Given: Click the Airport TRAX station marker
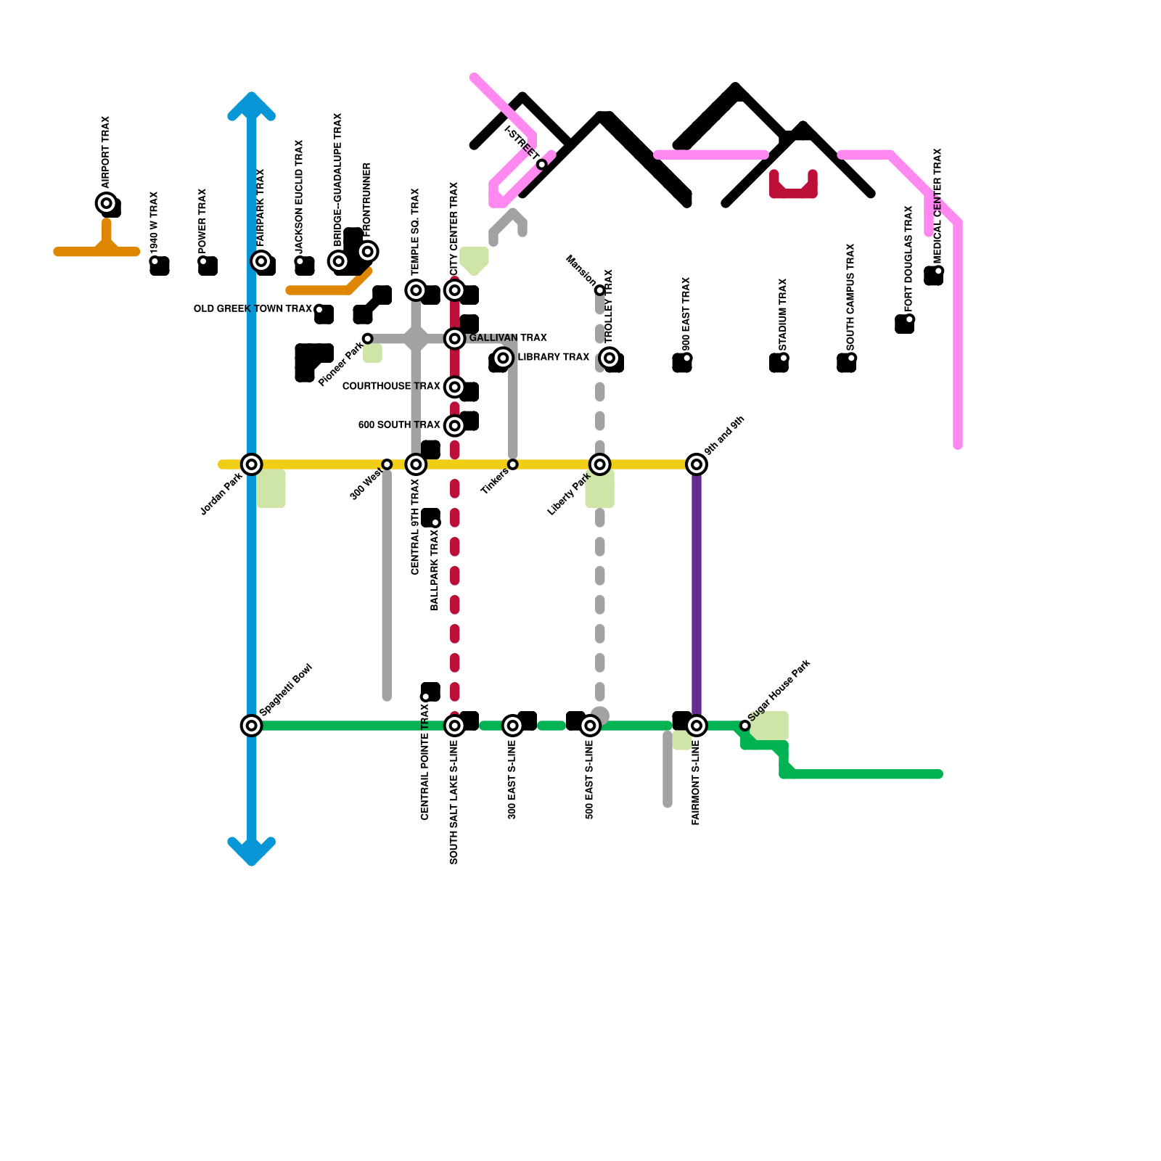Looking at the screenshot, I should click(107, 203).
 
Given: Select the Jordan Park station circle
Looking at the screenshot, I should click(252, 464).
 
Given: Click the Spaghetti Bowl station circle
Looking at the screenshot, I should click(252, 726).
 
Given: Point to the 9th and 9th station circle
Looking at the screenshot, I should click(697, 464).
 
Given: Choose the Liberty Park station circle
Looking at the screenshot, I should click(600, 464).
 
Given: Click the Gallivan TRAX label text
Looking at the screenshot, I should click(508, 338).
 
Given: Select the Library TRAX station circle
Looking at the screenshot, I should click(503, 358).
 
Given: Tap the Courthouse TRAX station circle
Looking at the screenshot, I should click(455, 387).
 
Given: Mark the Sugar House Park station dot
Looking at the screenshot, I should click(744, 726).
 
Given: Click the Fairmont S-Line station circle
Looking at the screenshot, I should click(697, 726).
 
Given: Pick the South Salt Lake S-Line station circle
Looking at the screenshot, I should click(455, 726).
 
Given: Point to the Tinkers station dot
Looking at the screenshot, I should click(513, 464).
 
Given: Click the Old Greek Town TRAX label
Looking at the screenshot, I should click(253, 309).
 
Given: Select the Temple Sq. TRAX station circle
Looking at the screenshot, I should click(416, 290).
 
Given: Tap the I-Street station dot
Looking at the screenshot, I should click(542, 165).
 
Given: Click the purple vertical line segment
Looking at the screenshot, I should click(697, 595).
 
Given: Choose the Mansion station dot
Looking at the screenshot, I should click(600, 290).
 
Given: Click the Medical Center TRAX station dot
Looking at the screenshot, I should click(939, 271).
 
